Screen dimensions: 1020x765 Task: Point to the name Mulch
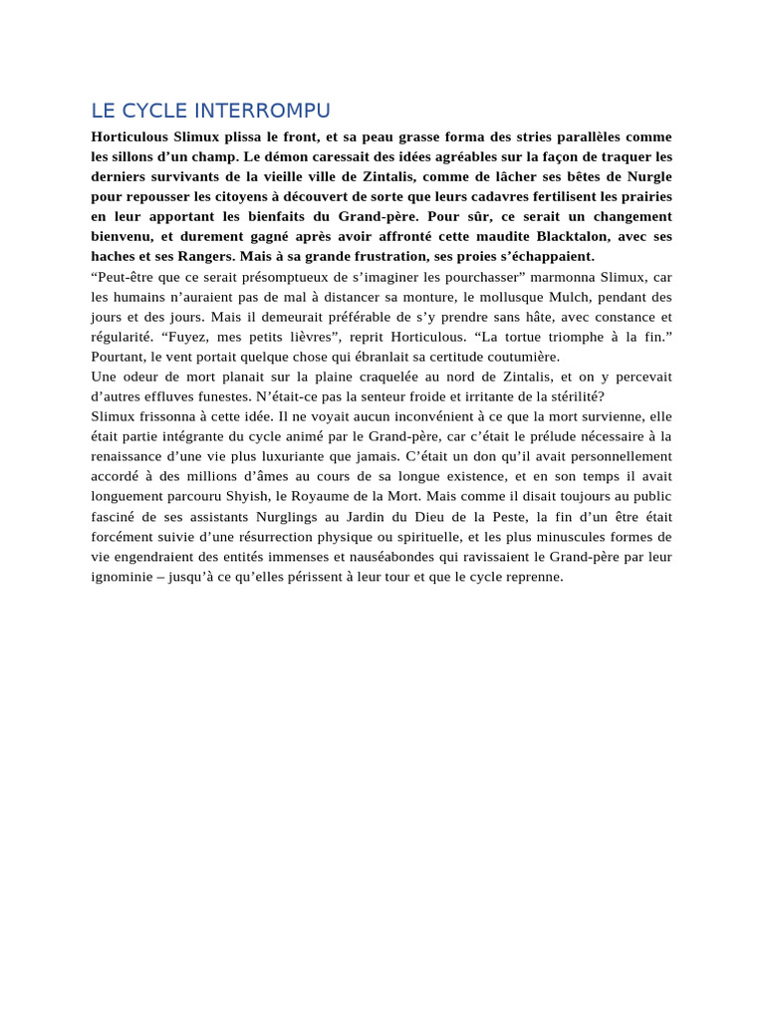tap(570, 297)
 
